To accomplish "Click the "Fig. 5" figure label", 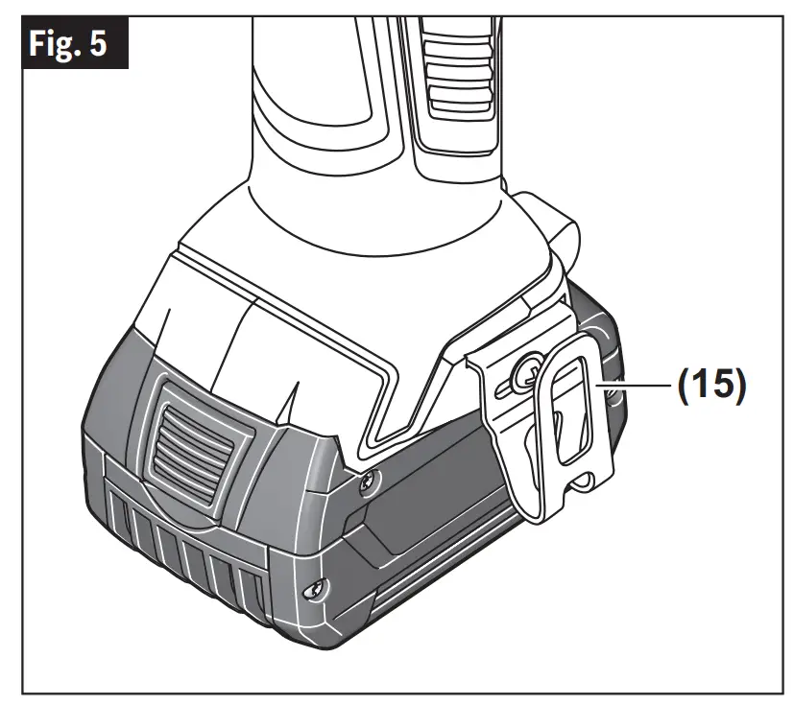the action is [68, 43].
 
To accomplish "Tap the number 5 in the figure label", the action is [99, 43].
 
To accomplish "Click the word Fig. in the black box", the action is [55, 43].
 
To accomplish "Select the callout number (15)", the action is [712, 386].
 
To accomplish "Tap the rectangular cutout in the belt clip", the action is [571, 410].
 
